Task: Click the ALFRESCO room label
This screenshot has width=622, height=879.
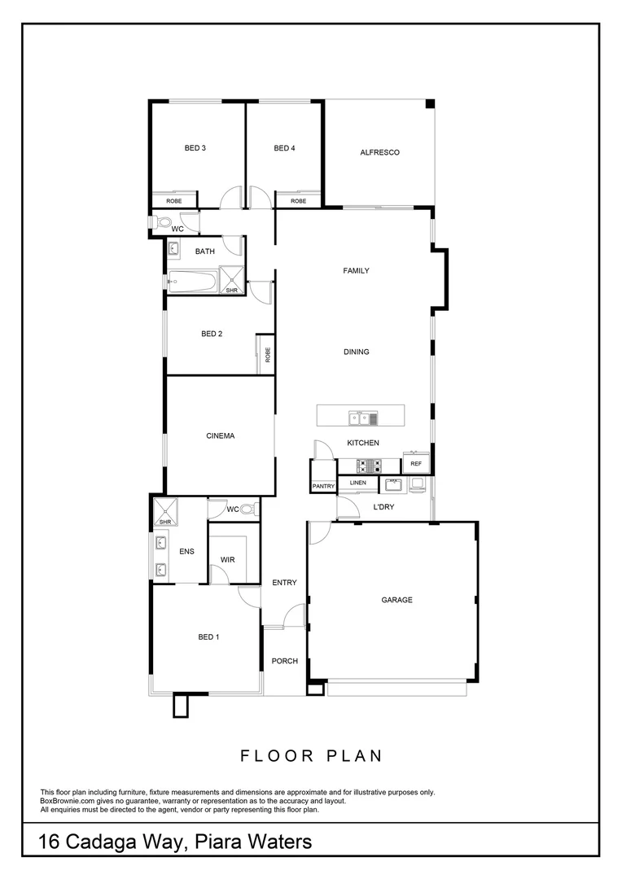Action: tap(379, 152)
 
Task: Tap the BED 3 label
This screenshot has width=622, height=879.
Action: tap(195, 148)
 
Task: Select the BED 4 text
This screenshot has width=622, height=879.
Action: tap(284, 148)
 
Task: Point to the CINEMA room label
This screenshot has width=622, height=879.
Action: tap(220, 436)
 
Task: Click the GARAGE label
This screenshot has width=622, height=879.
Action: tap(396, 600)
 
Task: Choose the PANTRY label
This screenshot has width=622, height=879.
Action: tap(323, 486)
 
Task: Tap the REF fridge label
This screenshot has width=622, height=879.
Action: tap(416, 464)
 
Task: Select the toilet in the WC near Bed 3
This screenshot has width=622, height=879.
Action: tap(164, 221)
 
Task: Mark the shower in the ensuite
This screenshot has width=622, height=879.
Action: tap(165, 512)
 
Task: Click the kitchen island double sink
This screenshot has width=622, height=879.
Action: tap(363, 419)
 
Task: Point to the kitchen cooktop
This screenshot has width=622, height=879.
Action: tap(369, 466)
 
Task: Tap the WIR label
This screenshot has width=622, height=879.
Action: tap(227, 560)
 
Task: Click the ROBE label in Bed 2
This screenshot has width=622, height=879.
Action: tap(266, 356)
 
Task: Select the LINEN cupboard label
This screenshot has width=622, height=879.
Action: tap(358, 483)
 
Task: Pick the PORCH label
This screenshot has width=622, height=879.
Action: tap(284, 661)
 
